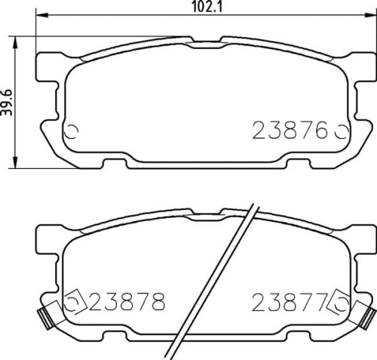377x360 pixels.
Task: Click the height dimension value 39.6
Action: click(x=7, y=102)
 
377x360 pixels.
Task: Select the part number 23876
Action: click(x=290, y=131)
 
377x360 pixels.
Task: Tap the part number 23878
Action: click(x=126, y=303)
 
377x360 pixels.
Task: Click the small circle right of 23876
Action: click(x=339, y=132)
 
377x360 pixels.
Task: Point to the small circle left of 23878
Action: click(x=73, y=303)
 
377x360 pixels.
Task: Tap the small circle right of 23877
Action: click(x=339, y=303)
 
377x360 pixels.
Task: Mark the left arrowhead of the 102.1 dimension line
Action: click(x=42, y=15)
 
